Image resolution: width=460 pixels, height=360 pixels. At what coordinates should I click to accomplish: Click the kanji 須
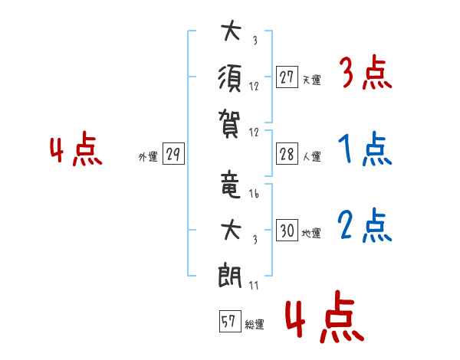(230, 79)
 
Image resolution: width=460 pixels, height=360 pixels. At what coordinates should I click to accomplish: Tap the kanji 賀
(230, 123)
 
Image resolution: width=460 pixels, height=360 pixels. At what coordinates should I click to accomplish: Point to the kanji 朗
(230, 277)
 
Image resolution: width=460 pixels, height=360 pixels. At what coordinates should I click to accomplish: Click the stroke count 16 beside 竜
(254, 194)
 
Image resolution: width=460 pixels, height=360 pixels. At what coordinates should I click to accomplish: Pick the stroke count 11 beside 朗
(254, 285)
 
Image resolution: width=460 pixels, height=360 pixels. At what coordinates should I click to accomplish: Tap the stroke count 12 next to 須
(254, 87)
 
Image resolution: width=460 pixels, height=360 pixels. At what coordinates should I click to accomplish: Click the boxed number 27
(287, 77)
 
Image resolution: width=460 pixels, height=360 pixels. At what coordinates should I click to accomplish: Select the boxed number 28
(287, 154)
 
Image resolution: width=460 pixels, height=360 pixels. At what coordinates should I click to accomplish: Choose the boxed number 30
(287, 230)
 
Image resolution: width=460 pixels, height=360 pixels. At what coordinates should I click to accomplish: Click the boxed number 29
(173, 154)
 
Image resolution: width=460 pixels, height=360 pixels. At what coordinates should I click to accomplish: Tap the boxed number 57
(230, 321)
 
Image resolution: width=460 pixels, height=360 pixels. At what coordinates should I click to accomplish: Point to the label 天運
(312, 80)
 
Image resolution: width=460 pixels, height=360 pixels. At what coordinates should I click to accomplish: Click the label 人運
(312, 156)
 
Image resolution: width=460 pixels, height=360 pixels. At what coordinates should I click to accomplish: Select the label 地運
(311, 233)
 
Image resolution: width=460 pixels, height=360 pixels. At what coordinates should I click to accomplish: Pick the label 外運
(148, 157)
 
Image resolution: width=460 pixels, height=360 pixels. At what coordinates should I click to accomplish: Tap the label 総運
(255, 325)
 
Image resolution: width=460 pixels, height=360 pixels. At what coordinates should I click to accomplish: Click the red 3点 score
(366, 73)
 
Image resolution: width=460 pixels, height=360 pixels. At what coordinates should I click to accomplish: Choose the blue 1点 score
(365, 149)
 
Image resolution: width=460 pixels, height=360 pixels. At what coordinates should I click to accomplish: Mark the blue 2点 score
(365, 225)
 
